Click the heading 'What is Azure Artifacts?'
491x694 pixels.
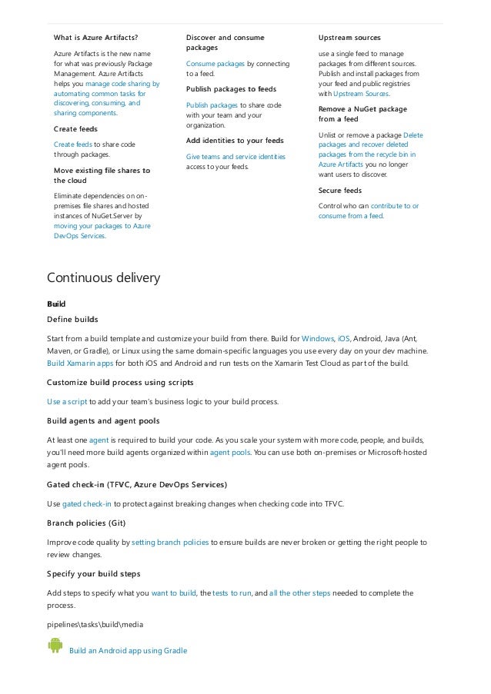95,37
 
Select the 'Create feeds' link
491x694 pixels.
73,144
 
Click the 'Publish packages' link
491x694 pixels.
212,105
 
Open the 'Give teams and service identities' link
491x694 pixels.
235,156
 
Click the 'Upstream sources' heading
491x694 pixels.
349,37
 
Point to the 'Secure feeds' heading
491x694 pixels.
340,190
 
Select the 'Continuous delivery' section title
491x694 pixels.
104,277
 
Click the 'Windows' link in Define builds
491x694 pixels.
318,338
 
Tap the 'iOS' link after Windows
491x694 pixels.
343,338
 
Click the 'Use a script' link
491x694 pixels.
67,401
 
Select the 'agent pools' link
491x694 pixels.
230,453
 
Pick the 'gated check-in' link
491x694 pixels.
86,503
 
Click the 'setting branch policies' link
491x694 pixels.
170,542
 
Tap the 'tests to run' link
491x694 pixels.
232,593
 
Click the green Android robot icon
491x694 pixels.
55,646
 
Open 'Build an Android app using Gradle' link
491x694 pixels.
128,651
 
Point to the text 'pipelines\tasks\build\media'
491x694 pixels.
95,624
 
